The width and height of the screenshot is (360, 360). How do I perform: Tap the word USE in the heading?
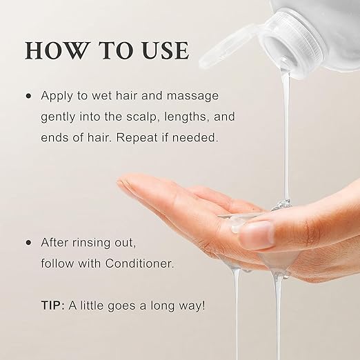pyautogui.click(x=166, y=50)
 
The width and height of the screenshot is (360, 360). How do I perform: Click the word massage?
pyautogui.click(x=192, y=96)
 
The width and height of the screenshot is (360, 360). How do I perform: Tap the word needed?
pyautogui.click(x=195, y=137)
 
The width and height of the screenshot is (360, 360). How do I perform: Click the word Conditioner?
pyautogui.click(x=139, y=263)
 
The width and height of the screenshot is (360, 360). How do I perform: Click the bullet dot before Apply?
pyautogui.click(x=28, y=96)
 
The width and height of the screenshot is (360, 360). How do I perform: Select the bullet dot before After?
pyautogui.click(x=28, y=243)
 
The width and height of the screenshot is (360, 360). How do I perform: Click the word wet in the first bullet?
pyautogui.click(x=101, y=96)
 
